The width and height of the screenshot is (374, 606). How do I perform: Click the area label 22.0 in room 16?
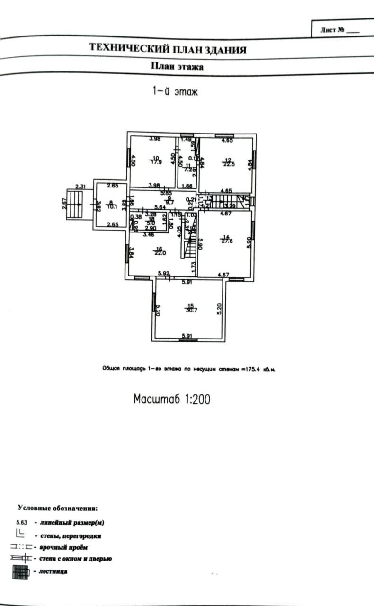(x=159, y=253)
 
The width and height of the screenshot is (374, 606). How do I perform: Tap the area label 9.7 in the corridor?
(x=169, y=202)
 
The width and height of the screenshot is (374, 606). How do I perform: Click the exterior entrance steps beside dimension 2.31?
(x=73, y=204)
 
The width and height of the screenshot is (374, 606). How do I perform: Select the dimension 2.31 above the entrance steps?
(x=81, y=187)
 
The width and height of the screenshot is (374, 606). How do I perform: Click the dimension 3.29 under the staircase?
(x=230, y=206)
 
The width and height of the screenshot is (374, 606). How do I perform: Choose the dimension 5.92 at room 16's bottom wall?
(x=164, y=273)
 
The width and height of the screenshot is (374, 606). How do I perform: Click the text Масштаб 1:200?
(x=172, y=399)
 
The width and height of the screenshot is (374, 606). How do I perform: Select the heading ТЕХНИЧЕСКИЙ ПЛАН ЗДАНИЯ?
(x=168, y=49)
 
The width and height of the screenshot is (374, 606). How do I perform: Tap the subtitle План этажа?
(x=178, y=67)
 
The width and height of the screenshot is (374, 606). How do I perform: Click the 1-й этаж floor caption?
(x=175, y=91)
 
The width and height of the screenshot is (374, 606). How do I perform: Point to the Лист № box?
(x=340, y=29)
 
